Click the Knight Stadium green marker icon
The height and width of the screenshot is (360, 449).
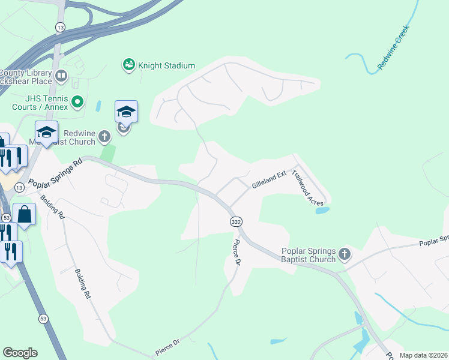pyautogui.click(x=128, y=65)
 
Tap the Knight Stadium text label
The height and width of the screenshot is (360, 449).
pyautogui.click(x=167, y=65)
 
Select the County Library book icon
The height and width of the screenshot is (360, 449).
pyautogui.click(x=61, y=76)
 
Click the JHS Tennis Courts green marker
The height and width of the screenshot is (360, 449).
pyautogui.click(x=77, y=102)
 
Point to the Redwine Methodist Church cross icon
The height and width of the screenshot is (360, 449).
pyautogui.click(x=104, y=136)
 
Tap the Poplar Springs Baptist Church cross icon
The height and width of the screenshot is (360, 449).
pyautogui.click(x=345, y=254)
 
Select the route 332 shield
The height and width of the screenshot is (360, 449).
pyautogui.click(x=236, y=222)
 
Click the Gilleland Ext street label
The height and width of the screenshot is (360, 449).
pyautogui.click(x=270, y=179)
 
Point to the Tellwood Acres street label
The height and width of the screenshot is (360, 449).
pyautogui.click(x=308, y=189)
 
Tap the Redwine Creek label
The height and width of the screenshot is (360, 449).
pyautogui.click(x=393, y=48)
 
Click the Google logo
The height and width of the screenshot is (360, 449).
pyautogui.click(x=20, y=353)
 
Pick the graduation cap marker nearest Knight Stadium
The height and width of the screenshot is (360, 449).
pyautogui.click(x=127, y=112)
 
